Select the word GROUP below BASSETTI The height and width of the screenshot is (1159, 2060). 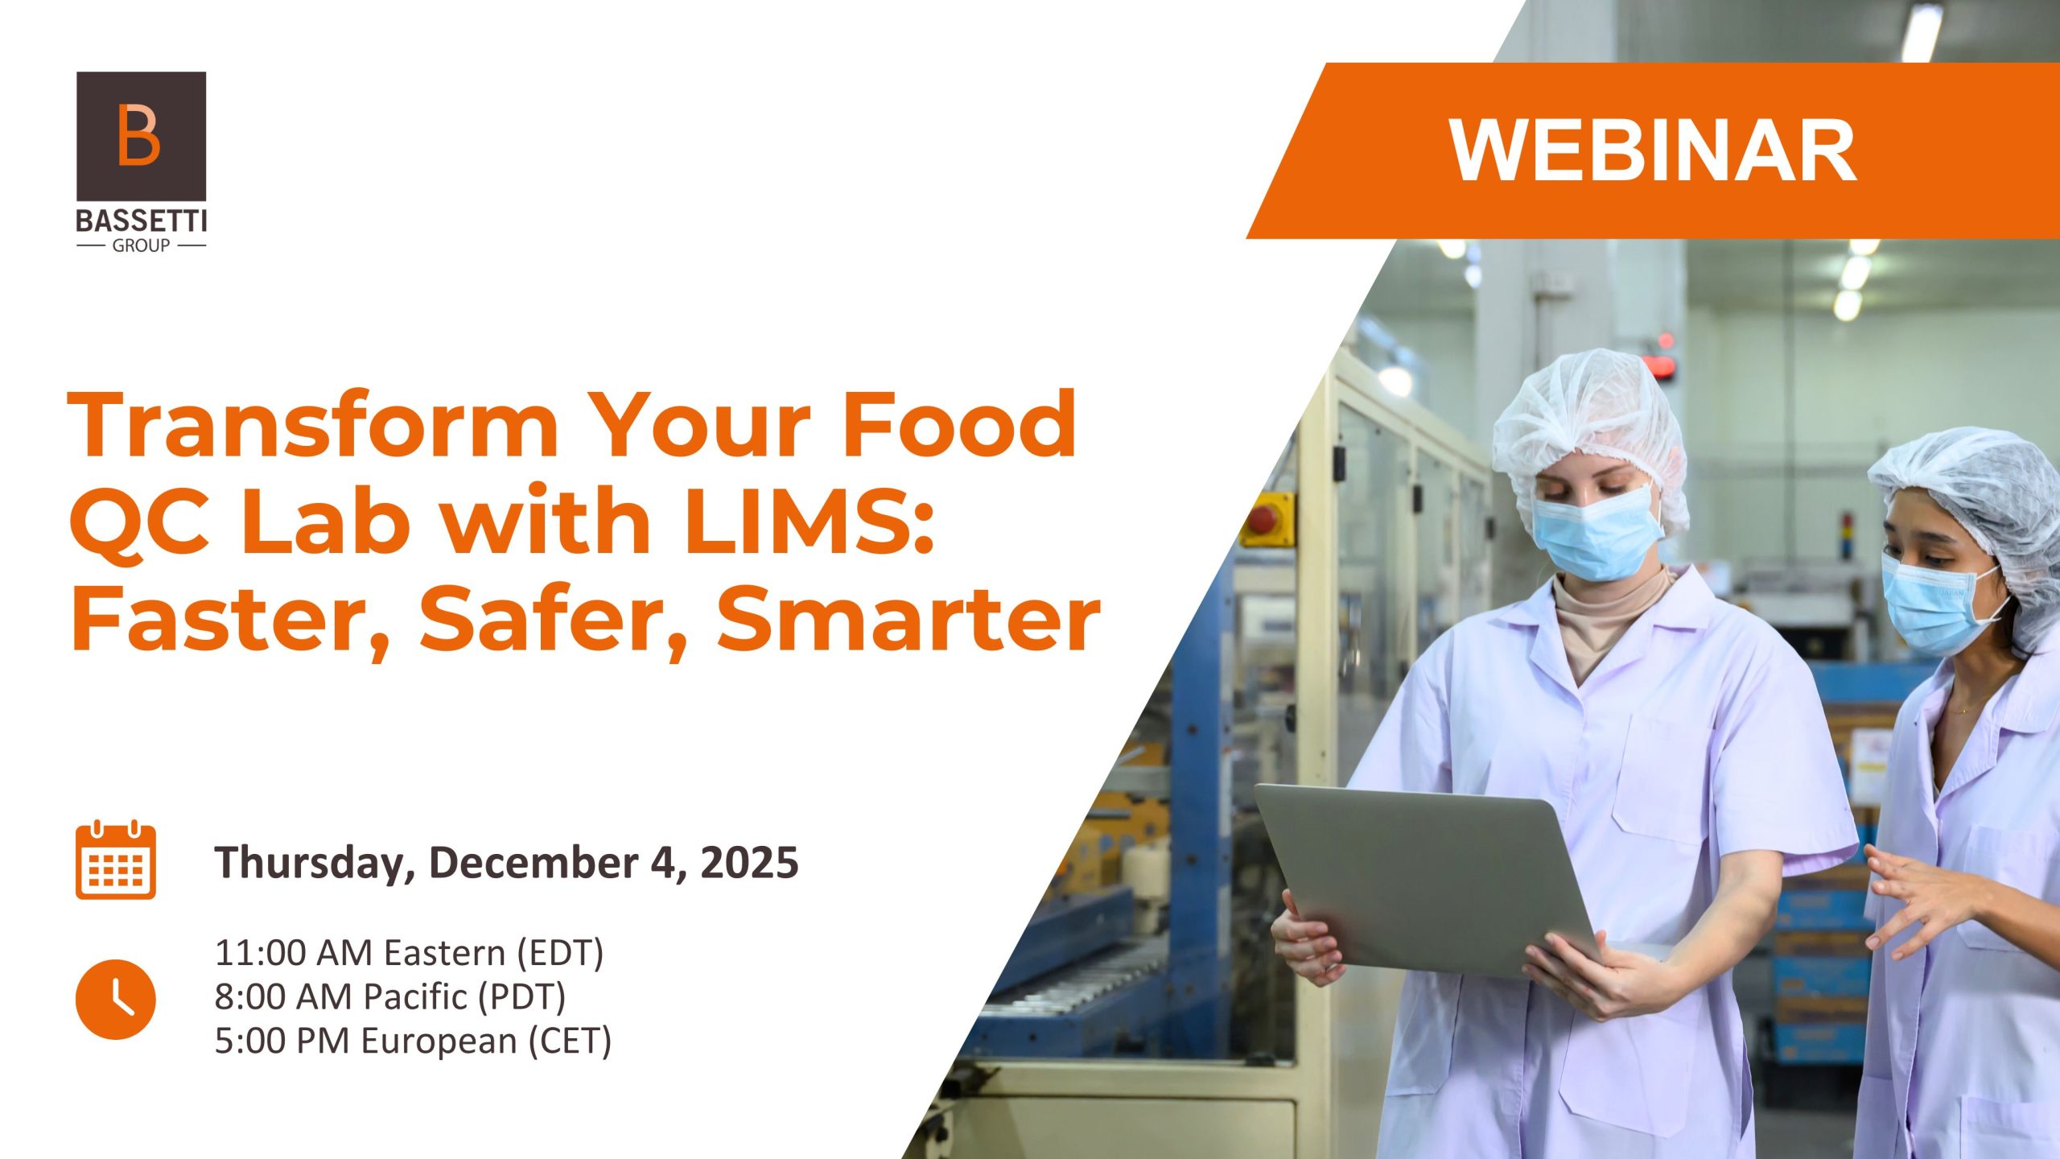point(141,245)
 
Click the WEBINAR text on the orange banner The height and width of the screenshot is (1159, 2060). point(1653,151)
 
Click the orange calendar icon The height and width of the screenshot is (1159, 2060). point(116,860)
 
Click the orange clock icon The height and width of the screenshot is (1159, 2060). point(116,999)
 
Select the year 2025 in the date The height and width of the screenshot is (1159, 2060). point(749,862)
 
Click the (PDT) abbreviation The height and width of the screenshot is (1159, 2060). point(522,996)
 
